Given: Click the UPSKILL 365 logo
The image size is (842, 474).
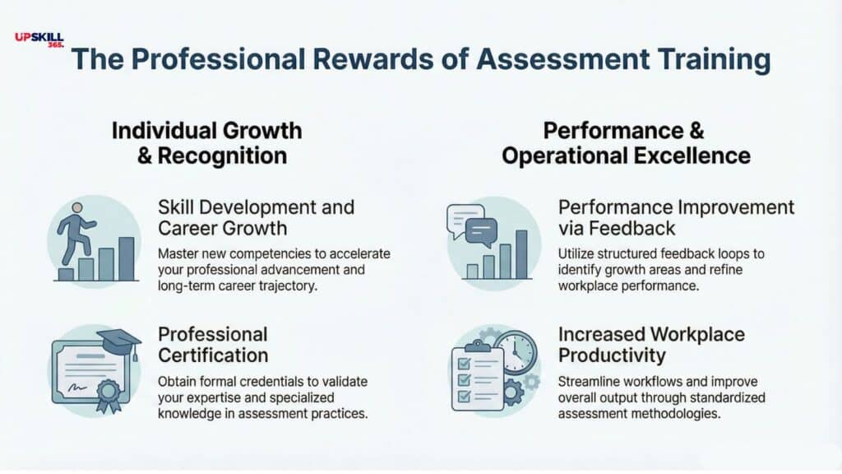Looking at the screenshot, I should coord(39,39).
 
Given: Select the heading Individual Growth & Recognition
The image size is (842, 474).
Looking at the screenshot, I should coord(206,142).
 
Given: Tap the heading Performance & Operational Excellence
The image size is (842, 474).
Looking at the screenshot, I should coord(625,142).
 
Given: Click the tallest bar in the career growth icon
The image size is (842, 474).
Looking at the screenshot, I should coord(126,258).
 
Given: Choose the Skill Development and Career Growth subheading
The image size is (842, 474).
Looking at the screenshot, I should coord(255,218).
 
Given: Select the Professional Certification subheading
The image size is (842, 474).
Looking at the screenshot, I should coord(213,345).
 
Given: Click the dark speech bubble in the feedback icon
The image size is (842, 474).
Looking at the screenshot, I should coord(481,231).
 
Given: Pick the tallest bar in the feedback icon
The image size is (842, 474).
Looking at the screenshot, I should coord(521,254).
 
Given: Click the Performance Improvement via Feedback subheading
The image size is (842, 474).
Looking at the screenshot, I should coord(676,216).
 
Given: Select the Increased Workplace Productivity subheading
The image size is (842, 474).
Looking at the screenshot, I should coord(651,345).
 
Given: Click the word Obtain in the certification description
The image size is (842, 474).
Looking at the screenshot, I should coord(177,382).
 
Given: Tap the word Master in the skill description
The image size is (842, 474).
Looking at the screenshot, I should coord(178,253).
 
